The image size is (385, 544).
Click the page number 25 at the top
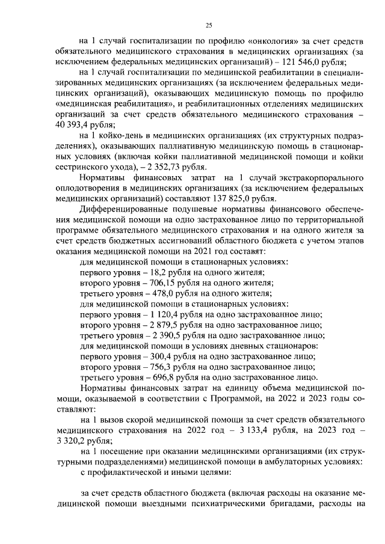pyautogui.click(x=209, y=25)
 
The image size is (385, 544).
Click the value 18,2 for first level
pyautogui.click(x=143, y=272)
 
